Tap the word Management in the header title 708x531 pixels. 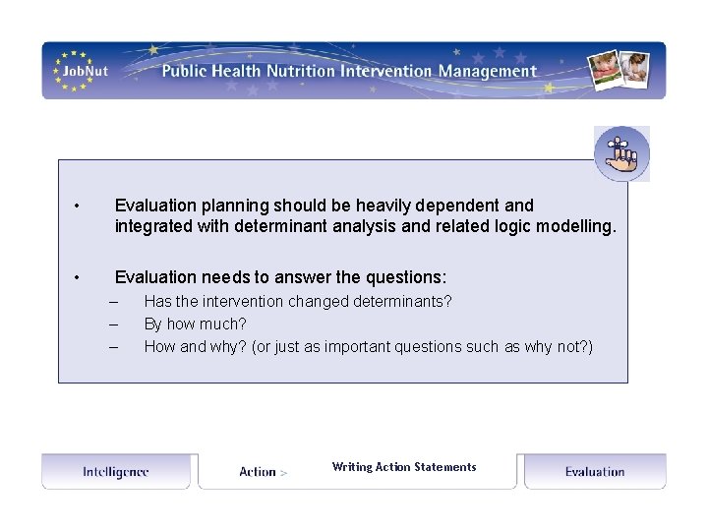tap(488, 71)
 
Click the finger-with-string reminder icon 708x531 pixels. tap(621, 153)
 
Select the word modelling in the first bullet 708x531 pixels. tap(577, 226)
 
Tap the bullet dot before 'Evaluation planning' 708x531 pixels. tap(76, 206)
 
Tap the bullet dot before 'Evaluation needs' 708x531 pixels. tap(76, 278)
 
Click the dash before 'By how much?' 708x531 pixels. tap(114, 324)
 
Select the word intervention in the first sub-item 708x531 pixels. tap(235, 301)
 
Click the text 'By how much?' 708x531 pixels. tap(195, 324)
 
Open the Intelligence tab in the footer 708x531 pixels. tap(116, 472)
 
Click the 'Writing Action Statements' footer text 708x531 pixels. tap(404, 467)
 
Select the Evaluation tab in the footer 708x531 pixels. tap(595, 472)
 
